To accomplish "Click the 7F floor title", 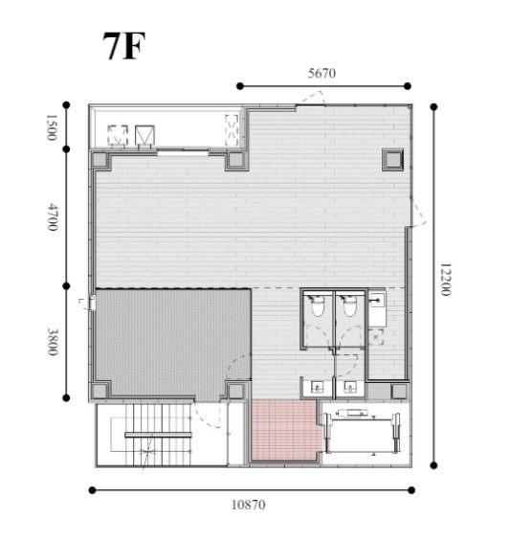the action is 123,46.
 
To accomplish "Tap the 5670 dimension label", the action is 321,73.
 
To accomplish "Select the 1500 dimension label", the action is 52,127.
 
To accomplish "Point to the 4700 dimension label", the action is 53,217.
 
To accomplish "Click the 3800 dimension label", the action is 53,342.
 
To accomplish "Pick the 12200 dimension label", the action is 445,280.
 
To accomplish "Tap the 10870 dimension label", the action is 249,505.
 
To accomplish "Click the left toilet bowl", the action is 318,305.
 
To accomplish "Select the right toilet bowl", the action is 349,305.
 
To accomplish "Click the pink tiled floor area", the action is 285,430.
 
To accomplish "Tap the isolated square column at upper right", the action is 393,159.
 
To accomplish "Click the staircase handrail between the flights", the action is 158,435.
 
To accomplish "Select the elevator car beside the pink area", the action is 362,433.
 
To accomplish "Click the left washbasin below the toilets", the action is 318,388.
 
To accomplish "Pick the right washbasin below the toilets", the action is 350,388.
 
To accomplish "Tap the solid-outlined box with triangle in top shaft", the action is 144,135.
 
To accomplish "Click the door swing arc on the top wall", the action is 313,97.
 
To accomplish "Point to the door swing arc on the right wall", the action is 418,214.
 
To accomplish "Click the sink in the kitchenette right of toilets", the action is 377,301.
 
